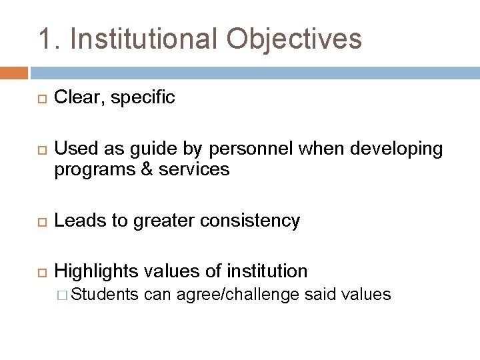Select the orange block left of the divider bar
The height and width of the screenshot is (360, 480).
coord(14,71)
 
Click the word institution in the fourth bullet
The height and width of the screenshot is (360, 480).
coord(269,271)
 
